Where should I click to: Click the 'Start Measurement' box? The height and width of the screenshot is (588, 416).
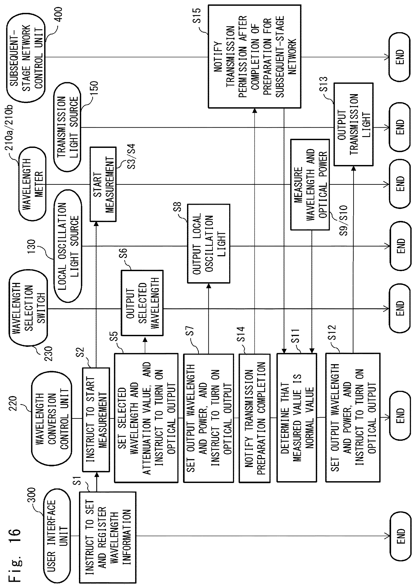(103, 184)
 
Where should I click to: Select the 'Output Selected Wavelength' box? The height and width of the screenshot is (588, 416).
(142, 303)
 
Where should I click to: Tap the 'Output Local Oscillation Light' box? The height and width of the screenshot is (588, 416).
(209, 244)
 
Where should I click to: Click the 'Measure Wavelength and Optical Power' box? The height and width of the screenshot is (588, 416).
(310, 184)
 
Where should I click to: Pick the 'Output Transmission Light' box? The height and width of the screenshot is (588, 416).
(353, 124)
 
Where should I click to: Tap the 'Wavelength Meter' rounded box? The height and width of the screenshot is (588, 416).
(32, 184)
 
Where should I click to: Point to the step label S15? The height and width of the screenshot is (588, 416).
(197, 16)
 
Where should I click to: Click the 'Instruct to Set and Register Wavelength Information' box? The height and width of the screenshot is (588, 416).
(108, 538)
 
